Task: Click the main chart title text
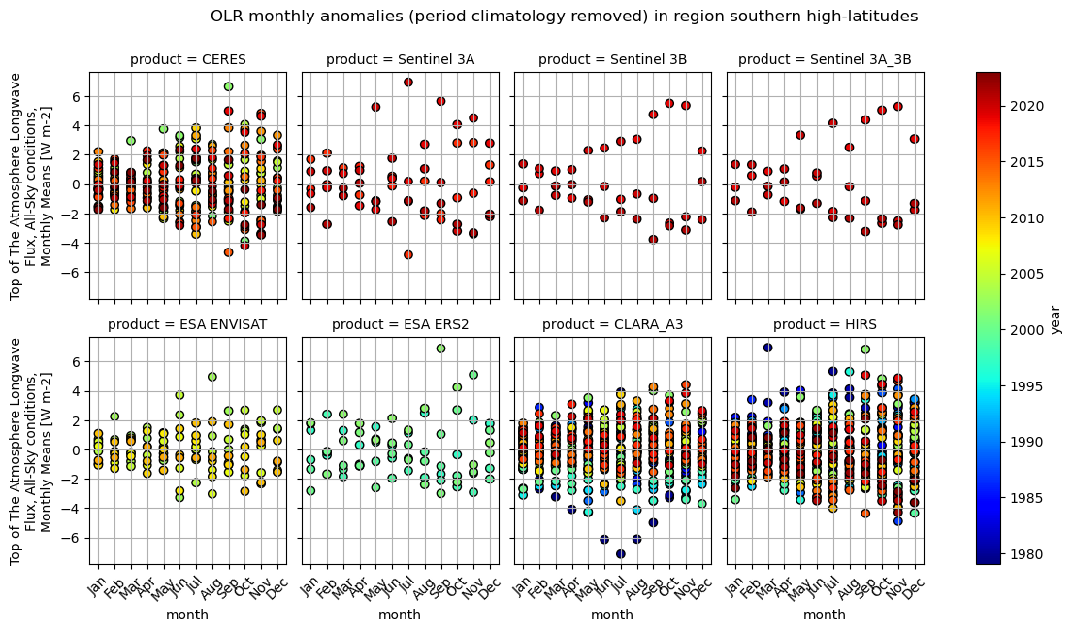pyautogui.click(x=564, y=17)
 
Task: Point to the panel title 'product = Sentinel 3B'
pyautogui.click(x=612, y=60)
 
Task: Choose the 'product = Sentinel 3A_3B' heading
pyautogui.click(x=825, y=60)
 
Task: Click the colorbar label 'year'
pyautogui.click(x=1056, y=317)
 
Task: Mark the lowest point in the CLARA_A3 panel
pyautogui.click(x=621, y=554)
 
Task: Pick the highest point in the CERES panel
pyautogui.click(x=228, y=87)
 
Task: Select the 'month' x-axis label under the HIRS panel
pyautogui.click(x=825, y=615)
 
